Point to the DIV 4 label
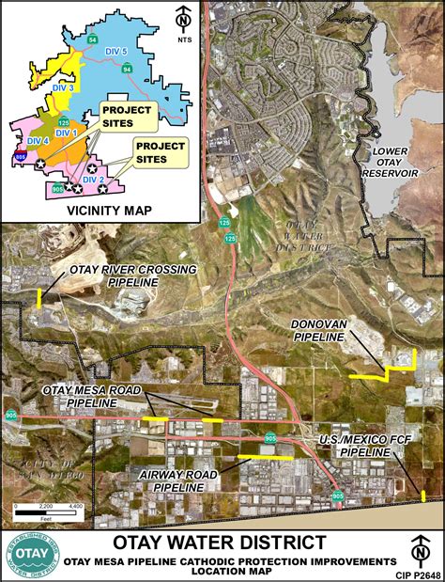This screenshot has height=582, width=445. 38,139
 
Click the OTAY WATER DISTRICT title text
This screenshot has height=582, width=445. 221,543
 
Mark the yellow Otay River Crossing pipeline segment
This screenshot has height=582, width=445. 38,298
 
